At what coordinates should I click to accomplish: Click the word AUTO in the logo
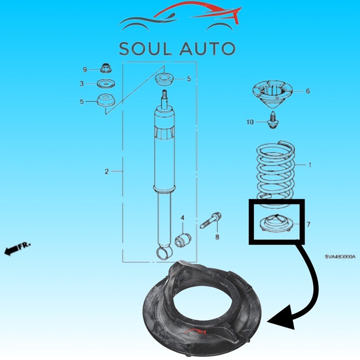pos(209,48)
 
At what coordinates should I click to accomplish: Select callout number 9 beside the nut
pos(85,69)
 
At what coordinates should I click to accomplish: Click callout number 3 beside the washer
pos(82,84)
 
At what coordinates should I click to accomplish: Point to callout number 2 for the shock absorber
pos(107,171)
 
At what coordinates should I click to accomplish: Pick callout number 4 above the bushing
pos(182,218)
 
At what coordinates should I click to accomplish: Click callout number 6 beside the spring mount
pos(308,91)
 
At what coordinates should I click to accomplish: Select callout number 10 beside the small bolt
pos(250,121)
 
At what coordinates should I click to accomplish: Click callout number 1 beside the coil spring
pos(309,165)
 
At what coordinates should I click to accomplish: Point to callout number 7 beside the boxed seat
pos(308,224)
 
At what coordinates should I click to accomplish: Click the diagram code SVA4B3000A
pos(340,257)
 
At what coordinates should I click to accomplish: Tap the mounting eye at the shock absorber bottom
pos(163,252)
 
